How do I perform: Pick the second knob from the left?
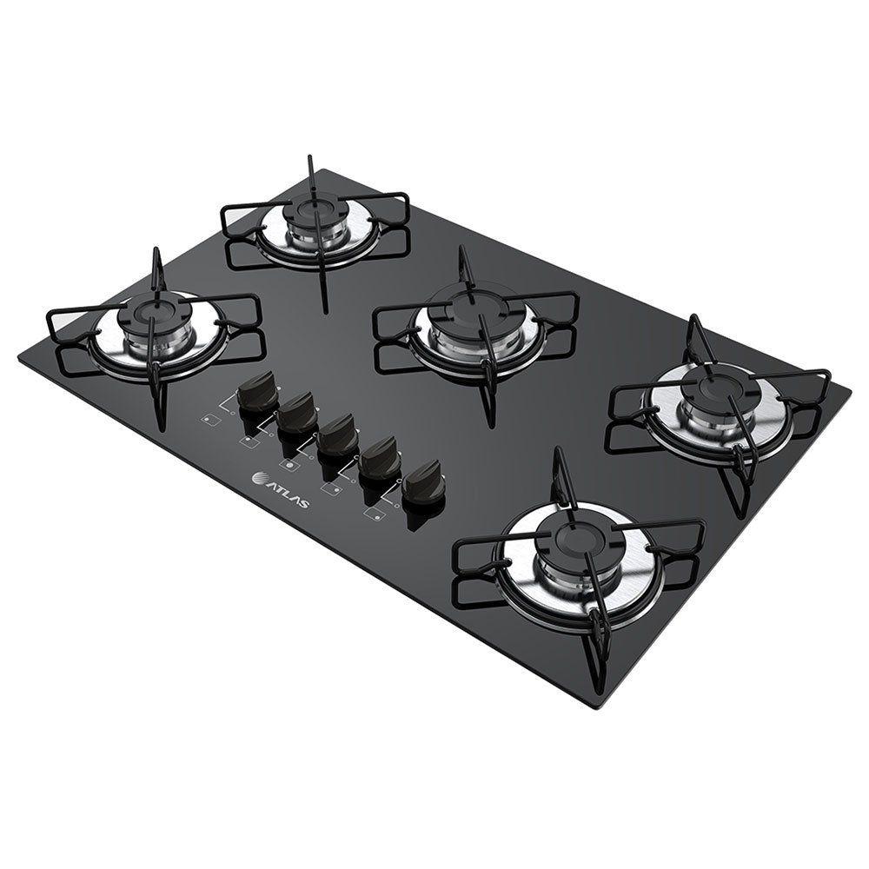click(x=298, y=409)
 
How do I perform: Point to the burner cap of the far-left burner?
click(x=156, y=307)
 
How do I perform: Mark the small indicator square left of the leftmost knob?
click(x=209, y=421)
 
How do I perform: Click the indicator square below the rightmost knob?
click(x=375, y=515)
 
